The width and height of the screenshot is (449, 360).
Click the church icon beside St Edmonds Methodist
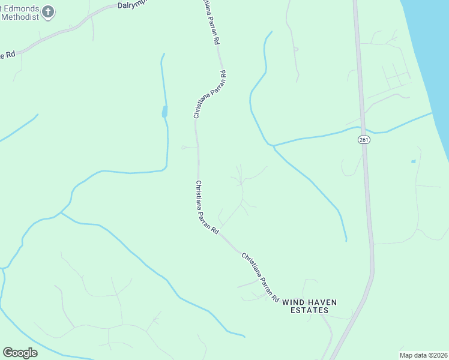click(50, 11)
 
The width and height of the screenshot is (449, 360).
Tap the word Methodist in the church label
click(20, 17)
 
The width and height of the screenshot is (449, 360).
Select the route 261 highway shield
click(364, 140)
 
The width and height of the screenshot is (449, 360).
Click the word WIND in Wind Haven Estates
click(293, 302)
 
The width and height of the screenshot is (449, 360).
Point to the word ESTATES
click(310, 310)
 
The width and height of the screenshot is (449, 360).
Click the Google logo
click(20, 352)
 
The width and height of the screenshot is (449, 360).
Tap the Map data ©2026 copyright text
click(423, 355)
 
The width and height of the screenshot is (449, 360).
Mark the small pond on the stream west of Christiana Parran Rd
click(164, 112)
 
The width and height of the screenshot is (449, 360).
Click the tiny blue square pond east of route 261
click(413, 161)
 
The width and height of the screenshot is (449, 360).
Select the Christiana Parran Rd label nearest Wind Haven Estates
click(261, 277)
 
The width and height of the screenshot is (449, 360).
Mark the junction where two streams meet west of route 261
click(273, 145)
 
